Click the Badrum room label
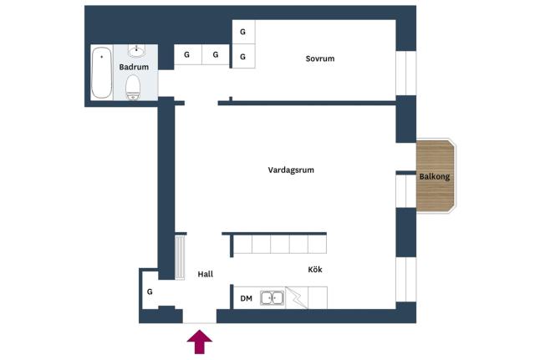pyautogui.click(x=134, y=67)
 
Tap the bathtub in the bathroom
pyautogui.click(x=102, y=73)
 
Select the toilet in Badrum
pyautogui.click(x=133, y=88)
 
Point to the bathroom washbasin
pyautogui.click(x=137, y=51)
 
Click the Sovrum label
pyautogui.click(x=320, y=58)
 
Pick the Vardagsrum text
pyautogui.click(x=291, y=170)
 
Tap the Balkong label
pyautogui.click(x=435, y=176)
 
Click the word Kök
pyautogui.click(x=315, y=269)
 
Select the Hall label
pyautogui.click(x=206, y=274)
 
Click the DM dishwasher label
pyautogui.click(x=247, y=298)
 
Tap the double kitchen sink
pyautogui.click(x=273, y=297)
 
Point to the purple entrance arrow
pyautogui.click(x=200, y=342)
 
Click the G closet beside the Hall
pyautogui.click(x=150, y=292)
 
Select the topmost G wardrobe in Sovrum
pyautogui.click(x=243, y=32)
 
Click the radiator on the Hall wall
pyautogui.click(x=180, y=257)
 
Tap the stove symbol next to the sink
pyautogui.click(x=296, y=297)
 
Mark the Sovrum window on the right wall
pyautogui.click(x=406, y=73)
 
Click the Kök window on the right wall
pyautogui.click(x=406, y=280)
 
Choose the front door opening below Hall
pyautogui.click(x=200, y=317)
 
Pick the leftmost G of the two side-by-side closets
pyautogui.click(x=187, y=54)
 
